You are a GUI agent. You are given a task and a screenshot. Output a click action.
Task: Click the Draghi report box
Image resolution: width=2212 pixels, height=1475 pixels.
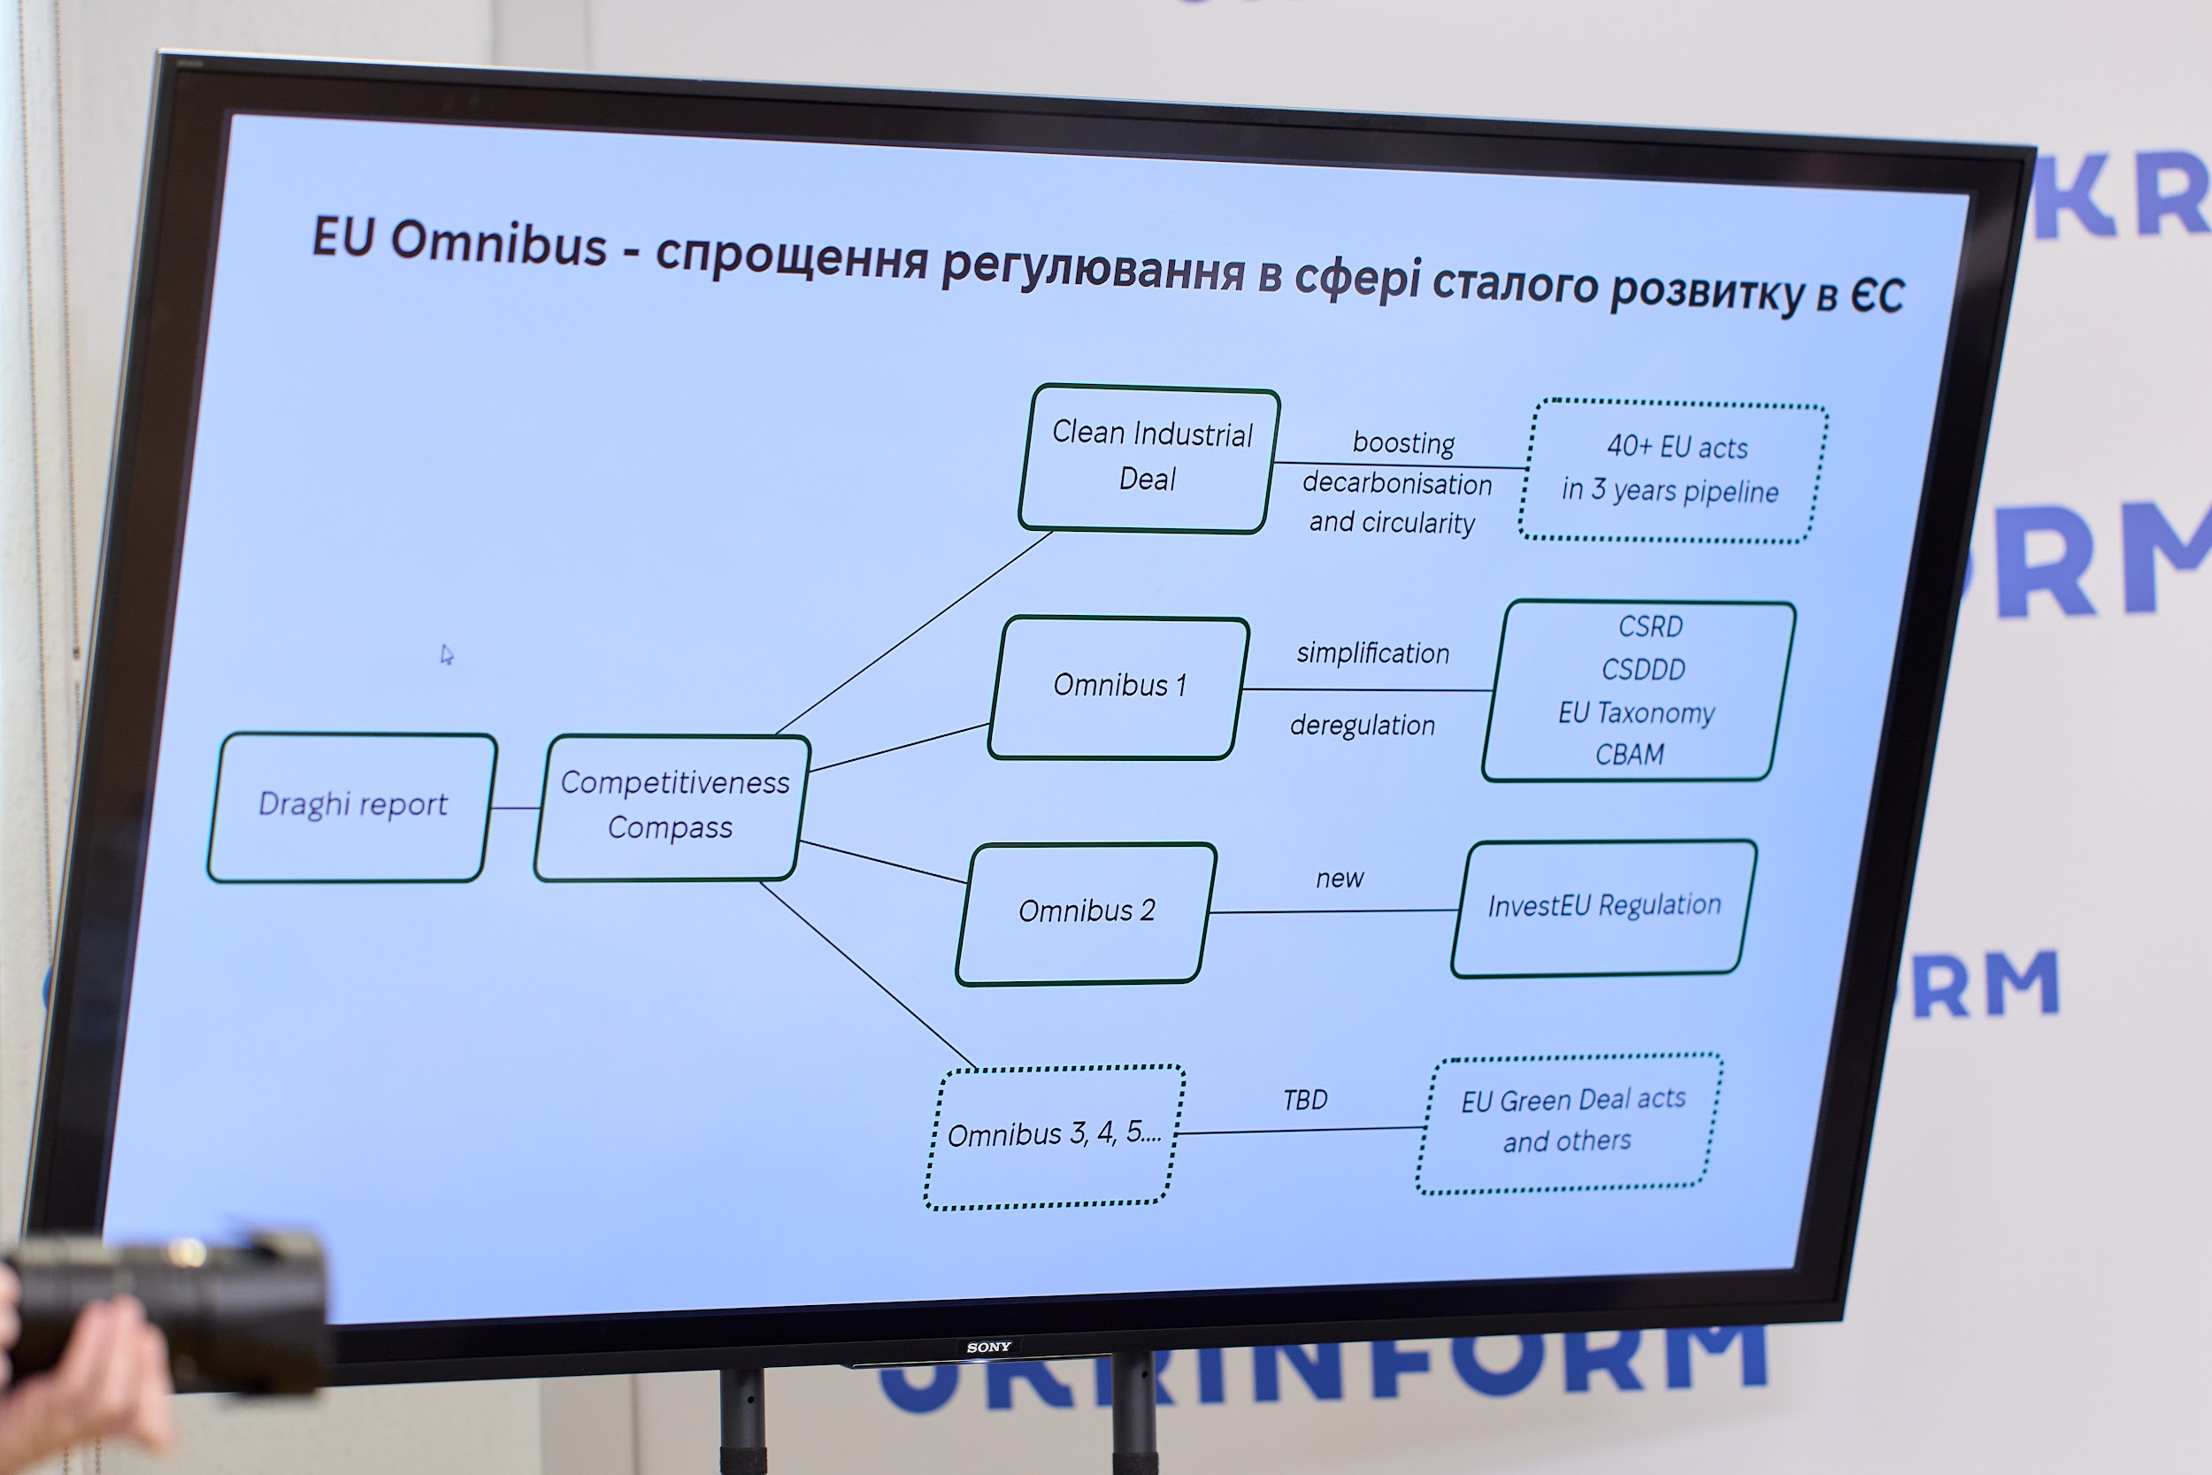tap(352, 807)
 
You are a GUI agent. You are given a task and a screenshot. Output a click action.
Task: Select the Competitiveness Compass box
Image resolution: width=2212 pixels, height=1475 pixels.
tap(672, 807)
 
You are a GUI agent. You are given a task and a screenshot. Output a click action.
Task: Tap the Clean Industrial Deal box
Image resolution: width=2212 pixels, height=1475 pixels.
tap(1149, 458)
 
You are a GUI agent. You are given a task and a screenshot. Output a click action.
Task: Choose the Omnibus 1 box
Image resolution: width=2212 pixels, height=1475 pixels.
tap(1118, 687)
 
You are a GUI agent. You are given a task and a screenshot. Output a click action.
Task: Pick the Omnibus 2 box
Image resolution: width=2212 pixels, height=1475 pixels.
tap(1087, 913)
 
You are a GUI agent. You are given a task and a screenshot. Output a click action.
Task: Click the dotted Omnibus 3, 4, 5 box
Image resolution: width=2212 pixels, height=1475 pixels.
tap(1055, 1136)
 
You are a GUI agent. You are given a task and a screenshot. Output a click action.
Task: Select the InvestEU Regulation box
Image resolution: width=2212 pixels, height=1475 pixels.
tap(1603, 908)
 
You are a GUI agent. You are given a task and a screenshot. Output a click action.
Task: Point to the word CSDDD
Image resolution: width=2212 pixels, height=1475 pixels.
tap(1643, 669)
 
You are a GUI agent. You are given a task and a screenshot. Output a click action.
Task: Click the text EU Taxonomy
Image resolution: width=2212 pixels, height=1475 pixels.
tap(1636, 712)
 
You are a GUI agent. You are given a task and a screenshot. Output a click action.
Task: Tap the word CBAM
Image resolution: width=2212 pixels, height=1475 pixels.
tap(1630, 754)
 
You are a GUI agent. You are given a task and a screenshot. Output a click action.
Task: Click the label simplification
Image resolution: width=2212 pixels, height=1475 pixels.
tap(1373, 653)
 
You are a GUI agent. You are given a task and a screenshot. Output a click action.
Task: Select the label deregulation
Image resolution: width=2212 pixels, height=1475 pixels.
tap(1363, 725)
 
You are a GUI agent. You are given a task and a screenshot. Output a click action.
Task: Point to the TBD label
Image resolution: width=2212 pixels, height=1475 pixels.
tap(1305, 1099)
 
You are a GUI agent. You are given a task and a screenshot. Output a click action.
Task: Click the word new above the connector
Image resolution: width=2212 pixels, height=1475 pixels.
tap(1340, 878)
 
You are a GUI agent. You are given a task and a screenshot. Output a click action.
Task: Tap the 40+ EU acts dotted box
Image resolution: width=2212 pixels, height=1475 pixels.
tap(1673, 472)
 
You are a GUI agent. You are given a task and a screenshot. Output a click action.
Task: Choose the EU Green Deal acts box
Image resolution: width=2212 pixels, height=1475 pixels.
tap(1570, 1123)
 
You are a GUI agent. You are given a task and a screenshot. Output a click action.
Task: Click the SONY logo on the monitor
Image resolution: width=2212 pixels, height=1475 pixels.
tap(988, 1347)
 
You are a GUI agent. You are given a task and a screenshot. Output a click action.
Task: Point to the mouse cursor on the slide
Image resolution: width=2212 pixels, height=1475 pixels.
tap(447, 655)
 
